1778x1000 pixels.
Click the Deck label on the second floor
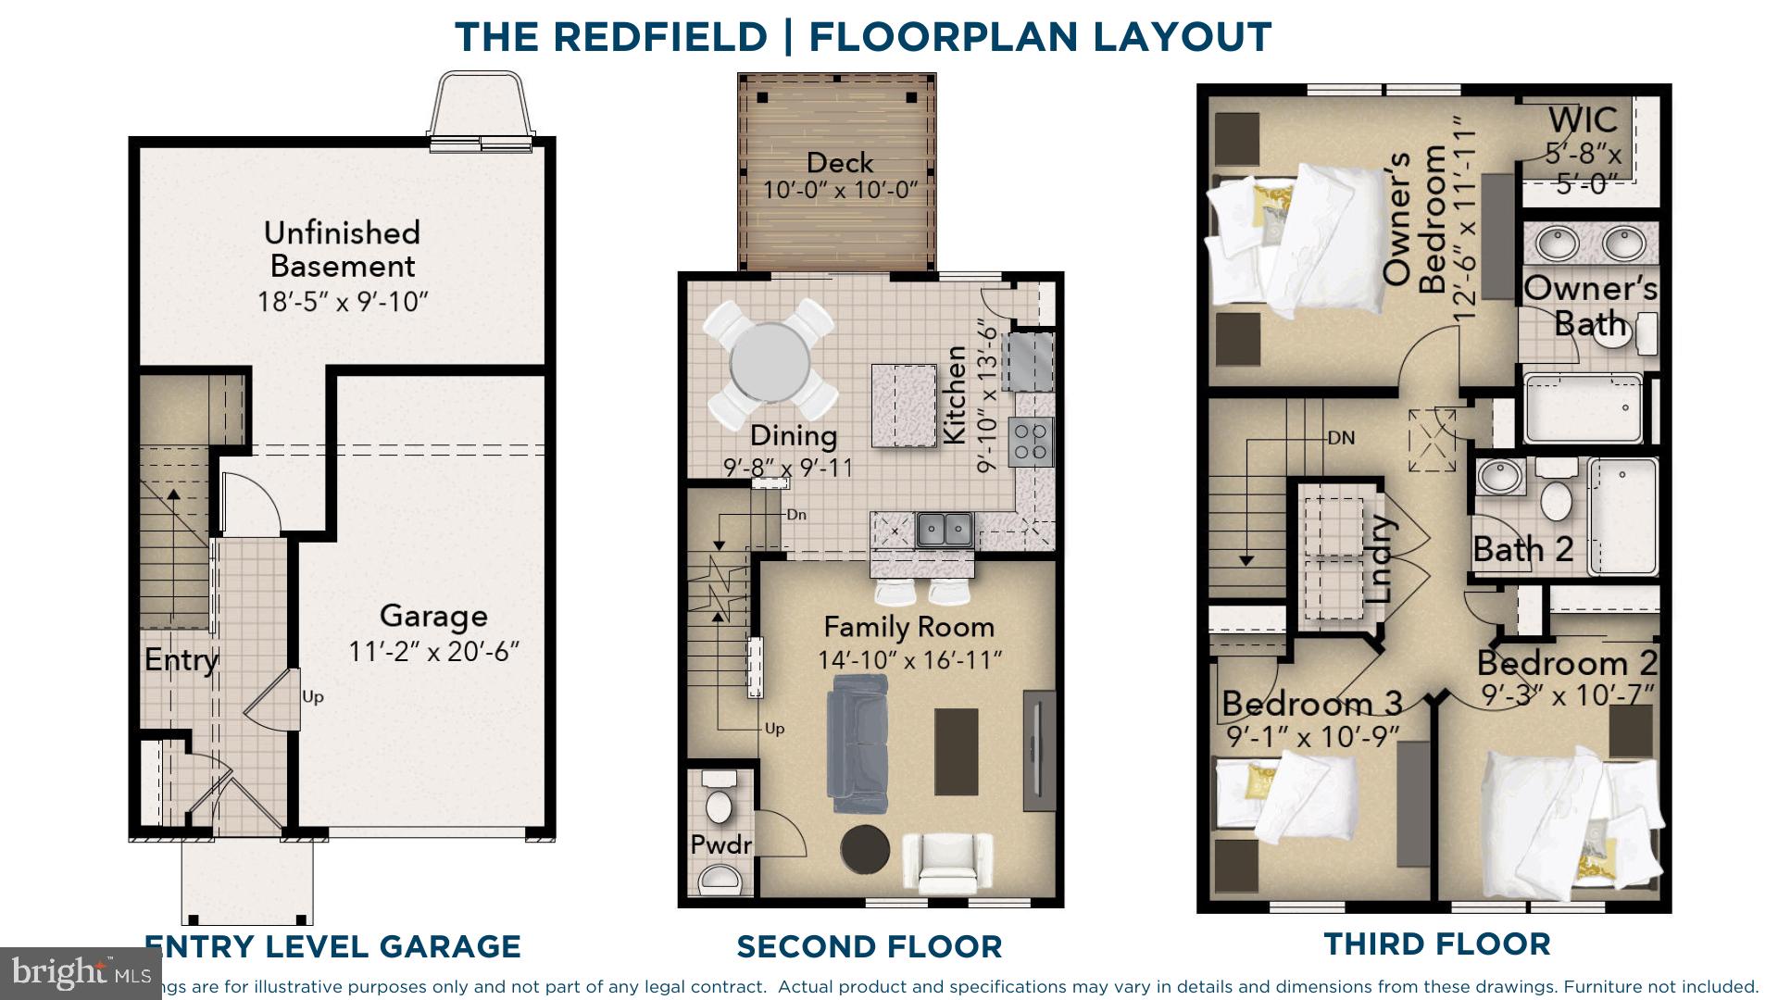[839, 163]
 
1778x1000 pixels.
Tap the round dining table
[769, 361]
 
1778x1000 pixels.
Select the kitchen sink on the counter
[945, 531]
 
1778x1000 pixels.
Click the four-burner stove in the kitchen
[1032, 441]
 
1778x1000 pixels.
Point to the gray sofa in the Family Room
[858, 737]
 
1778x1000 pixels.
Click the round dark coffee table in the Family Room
[865, 848]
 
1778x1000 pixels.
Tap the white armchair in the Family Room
[946, 863]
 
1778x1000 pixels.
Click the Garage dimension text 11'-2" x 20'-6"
[433, 652]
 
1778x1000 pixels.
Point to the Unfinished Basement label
[342, 249]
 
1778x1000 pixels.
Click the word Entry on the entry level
[181, 660]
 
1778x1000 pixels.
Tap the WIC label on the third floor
[1583, 120]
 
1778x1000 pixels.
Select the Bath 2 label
[1522, 550]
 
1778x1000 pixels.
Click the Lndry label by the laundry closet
[1379, 559]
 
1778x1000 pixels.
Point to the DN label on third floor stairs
[1341, 438]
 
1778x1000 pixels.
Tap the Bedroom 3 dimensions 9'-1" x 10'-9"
[1312, 737]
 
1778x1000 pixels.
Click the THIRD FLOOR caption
[1436, 944]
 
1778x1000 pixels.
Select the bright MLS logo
[81, 972]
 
